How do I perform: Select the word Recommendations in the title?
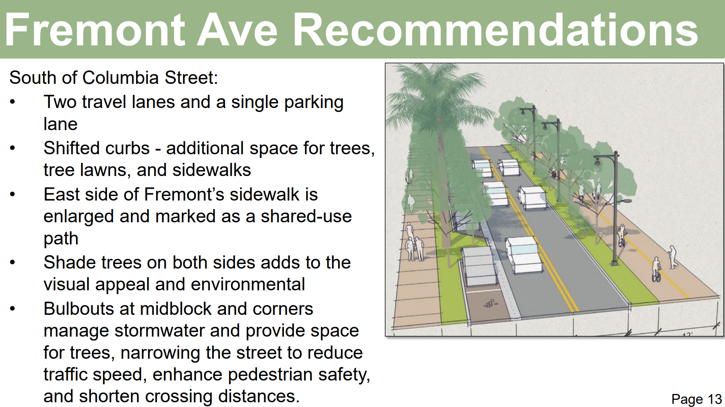[496, 30]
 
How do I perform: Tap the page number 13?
[715, 399]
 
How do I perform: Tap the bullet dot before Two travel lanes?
[13, 102]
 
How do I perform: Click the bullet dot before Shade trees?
[13, 262]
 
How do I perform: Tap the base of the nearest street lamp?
[615, 263]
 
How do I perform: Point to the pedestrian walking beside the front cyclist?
[672, 257]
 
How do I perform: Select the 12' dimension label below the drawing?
[687, 334]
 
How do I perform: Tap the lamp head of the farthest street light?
[523, 112]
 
